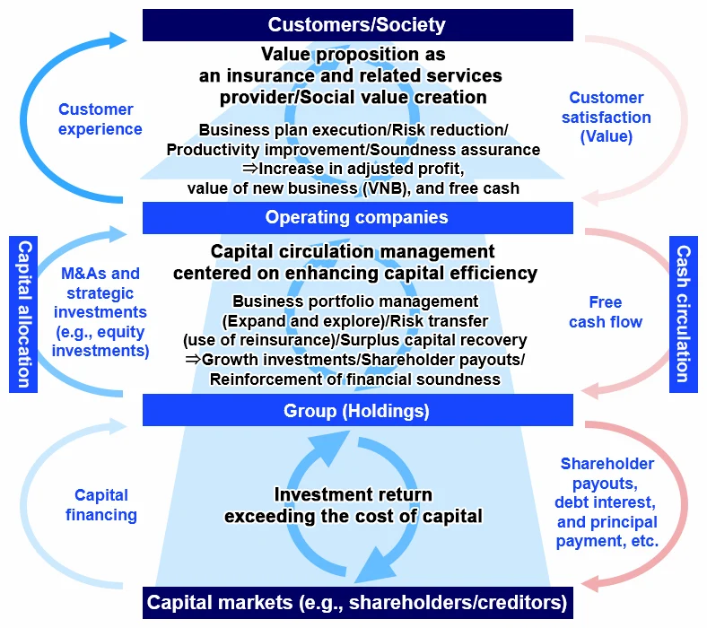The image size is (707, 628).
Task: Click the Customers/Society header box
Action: (x=357, y=24)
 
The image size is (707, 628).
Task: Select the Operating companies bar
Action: (x=357, y=217)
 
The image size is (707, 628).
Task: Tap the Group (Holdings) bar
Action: (x=357, y=411)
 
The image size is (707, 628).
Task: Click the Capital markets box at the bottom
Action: (x=357, y=601)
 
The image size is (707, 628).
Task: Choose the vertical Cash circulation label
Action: (x=684, y=314)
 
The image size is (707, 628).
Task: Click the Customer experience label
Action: (x=100, y=119)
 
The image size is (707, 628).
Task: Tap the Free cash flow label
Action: (x=606, y=312)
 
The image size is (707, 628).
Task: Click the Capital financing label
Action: (x=101, y=504)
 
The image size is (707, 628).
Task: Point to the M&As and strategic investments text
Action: (x=101, y=312)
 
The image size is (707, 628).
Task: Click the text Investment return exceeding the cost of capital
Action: (x=353, y=505)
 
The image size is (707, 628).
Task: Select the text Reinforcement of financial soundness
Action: (x=354, y=379)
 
